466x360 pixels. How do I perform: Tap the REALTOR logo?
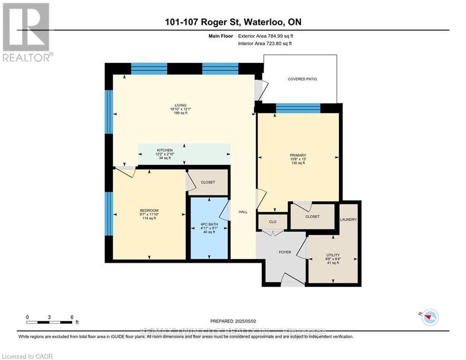coord(26,32)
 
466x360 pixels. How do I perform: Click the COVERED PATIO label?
coord(302,79)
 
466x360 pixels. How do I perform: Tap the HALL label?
coord(243,212)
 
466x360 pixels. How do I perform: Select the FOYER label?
coord(285,252)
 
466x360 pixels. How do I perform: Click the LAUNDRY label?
coord(348,219)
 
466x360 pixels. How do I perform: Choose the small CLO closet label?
coord(273,221)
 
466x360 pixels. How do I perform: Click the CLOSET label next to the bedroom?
coord(208,182)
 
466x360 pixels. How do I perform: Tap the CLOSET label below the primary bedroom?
coord(312,217)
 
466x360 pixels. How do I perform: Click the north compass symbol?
coord(429,318)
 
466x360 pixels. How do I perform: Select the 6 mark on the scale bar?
coord(72,317)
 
